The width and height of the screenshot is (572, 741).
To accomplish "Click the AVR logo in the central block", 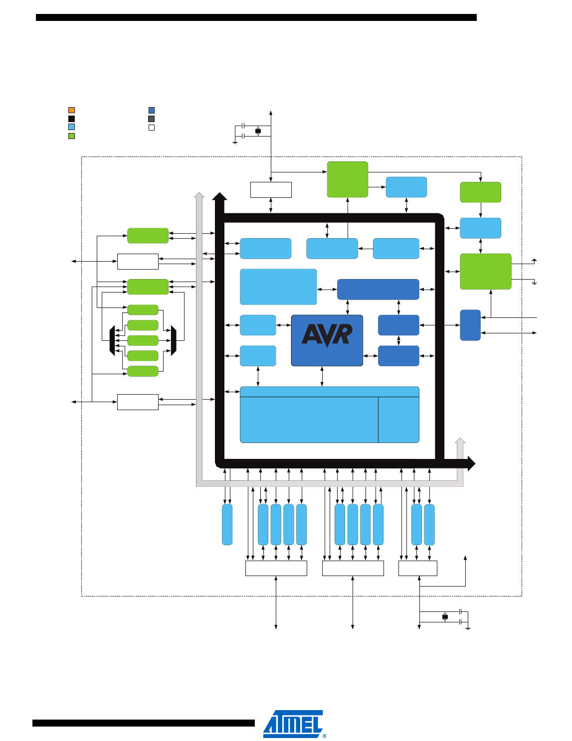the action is [327, 335].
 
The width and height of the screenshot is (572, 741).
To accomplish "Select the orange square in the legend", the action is [71, 110].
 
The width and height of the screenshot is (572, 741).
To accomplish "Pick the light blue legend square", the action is [71, 127].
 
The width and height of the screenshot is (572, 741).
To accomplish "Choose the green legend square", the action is [71, 136].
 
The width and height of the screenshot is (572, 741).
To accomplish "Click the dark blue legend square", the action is [152, 110].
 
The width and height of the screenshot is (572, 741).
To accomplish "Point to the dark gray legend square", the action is [152, 119].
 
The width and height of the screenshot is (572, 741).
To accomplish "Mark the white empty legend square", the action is [152, 128].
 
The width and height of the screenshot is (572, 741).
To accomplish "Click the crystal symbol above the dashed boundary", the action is [258, 131].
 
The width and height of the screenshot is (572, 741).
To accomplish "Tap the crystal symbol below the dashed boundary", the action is [445, 617].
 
